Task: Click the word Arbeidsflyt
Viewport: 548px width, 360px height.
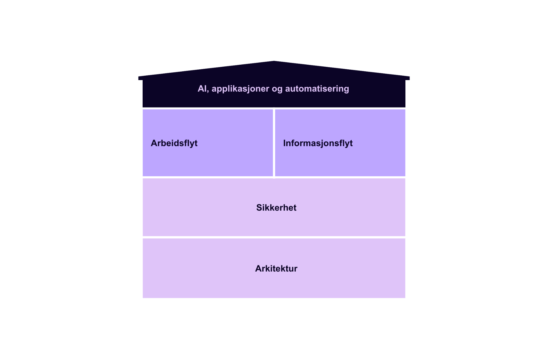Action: coord(174,143)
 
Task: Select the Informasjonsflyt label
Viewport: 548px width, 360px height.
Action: coord(318,143)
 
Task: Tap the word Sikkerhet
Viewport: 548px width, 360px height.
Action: coord(276,208)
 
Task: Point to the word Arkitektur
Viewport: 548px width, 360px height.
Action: coord(276,268)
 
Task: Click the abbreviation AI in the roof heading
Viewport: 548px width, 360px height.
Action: coord(202,89)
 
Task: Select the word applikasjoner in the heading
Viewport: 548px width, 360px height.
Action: coord(240,89)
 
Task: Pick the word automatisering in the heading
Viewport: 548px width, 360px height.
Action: coord(317,89)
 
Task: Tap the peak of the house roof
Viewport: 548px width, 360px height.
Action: coord(274,61)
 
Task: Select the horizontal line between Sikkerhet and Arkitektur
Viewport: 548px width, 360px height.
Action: coord(274,237)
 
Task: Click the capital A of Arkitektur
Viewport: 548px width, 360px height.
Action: coord(258,268)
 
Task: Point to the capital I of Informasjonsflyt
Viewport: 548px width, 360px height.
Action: coord(285,143)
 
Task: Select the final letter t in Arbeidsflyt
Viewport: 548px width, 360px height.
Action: coord(196,143)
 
